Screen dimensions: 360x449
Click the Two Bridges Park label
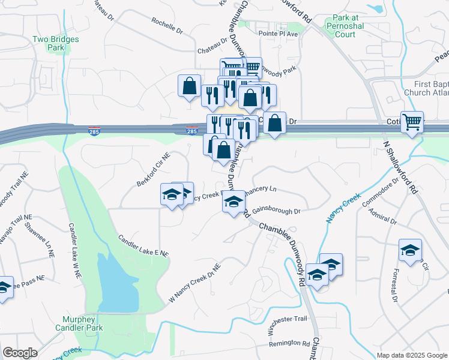(x=56, y=43)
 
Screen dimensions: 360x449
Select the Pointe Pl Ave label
(x=279, y=34)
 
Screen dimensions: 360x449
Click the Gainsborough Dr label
(x=276, y=211)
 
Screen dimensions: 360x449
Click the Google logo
(x=20, y=353)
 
